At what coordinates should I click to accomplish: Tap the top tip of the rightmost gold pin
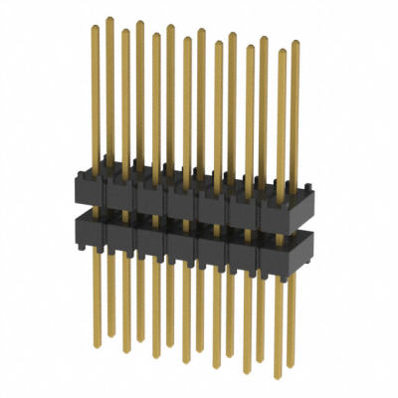295,42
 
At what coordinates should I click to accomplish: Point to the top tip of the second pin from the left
109,17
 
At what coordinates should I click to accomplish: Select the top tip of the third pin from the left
125,31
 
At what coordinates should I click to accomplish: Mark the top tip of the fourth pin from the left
140,21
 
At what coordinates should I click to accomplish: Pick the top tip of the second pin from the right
280,50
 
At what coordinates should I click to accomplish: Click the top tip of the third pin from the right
264,38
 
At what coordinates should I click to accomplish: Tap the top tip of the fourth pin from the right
249,46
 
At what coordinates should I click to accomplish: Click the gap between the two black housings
189,215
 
